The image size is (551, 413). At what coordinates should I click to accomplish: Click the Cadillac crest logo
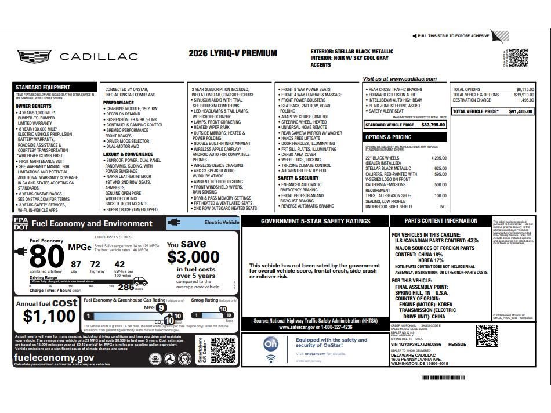(x=35, y=56)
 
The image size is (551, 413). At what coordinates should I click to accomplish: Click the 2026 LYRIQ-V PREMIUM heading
(x=233, y=53)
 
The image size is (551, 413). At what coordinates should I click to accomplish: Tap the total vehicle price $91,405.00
(x=521, y=111)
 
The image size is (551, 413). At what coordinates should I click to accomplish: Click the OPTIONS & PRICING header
(x=388, y=137)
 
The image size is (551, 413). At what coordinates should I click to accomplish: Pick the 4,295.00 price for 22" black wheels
(x=438, y=158)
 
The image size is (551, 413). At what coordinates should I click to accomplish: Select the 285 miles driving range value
(x=126, y=287)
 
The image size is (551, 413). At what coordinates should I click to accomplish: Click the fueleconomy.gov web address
(x=54, y=358)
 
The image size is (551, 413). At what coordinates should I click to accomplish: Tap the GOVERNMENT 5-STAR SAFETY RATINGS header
(x=315, y=221)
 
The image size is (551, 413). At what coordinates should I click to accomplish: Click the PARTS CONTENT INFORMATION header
(x=441, y=220)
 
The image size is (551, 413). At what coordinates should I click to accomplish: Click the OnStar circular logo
(x=271, y=345)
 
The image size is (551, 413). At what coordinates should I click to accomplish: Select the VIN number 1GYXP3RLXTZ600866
(x=416, y=345)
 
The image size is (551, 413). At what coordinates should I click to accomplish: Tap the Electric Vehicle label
(x=222, y=222)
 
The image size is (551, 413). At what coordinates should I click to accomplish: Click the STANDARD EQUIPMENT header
(x=40, y=87)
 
